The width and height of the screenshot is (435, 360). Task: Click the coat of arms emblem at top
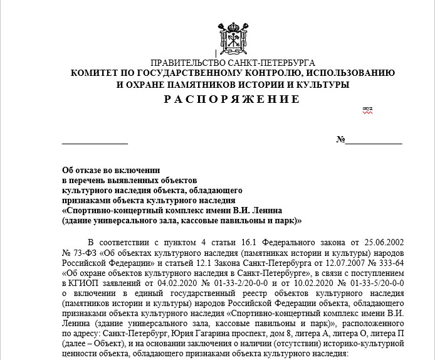[x=232, y=36]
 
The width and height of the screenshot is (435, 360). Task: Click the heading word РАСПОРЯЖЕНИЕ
[x=233, y=99]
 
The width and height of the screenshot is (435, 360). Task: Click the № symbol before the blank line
[x=340, y=139]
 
